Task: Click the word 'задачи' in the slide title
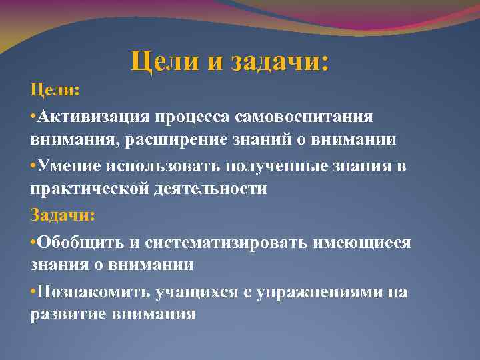coord(280,62)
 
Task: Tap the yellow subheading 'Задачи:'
coord(63,215)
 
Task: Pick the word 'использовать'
coord(167,165)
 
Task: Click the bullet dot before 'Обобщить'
coord(33,241)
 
